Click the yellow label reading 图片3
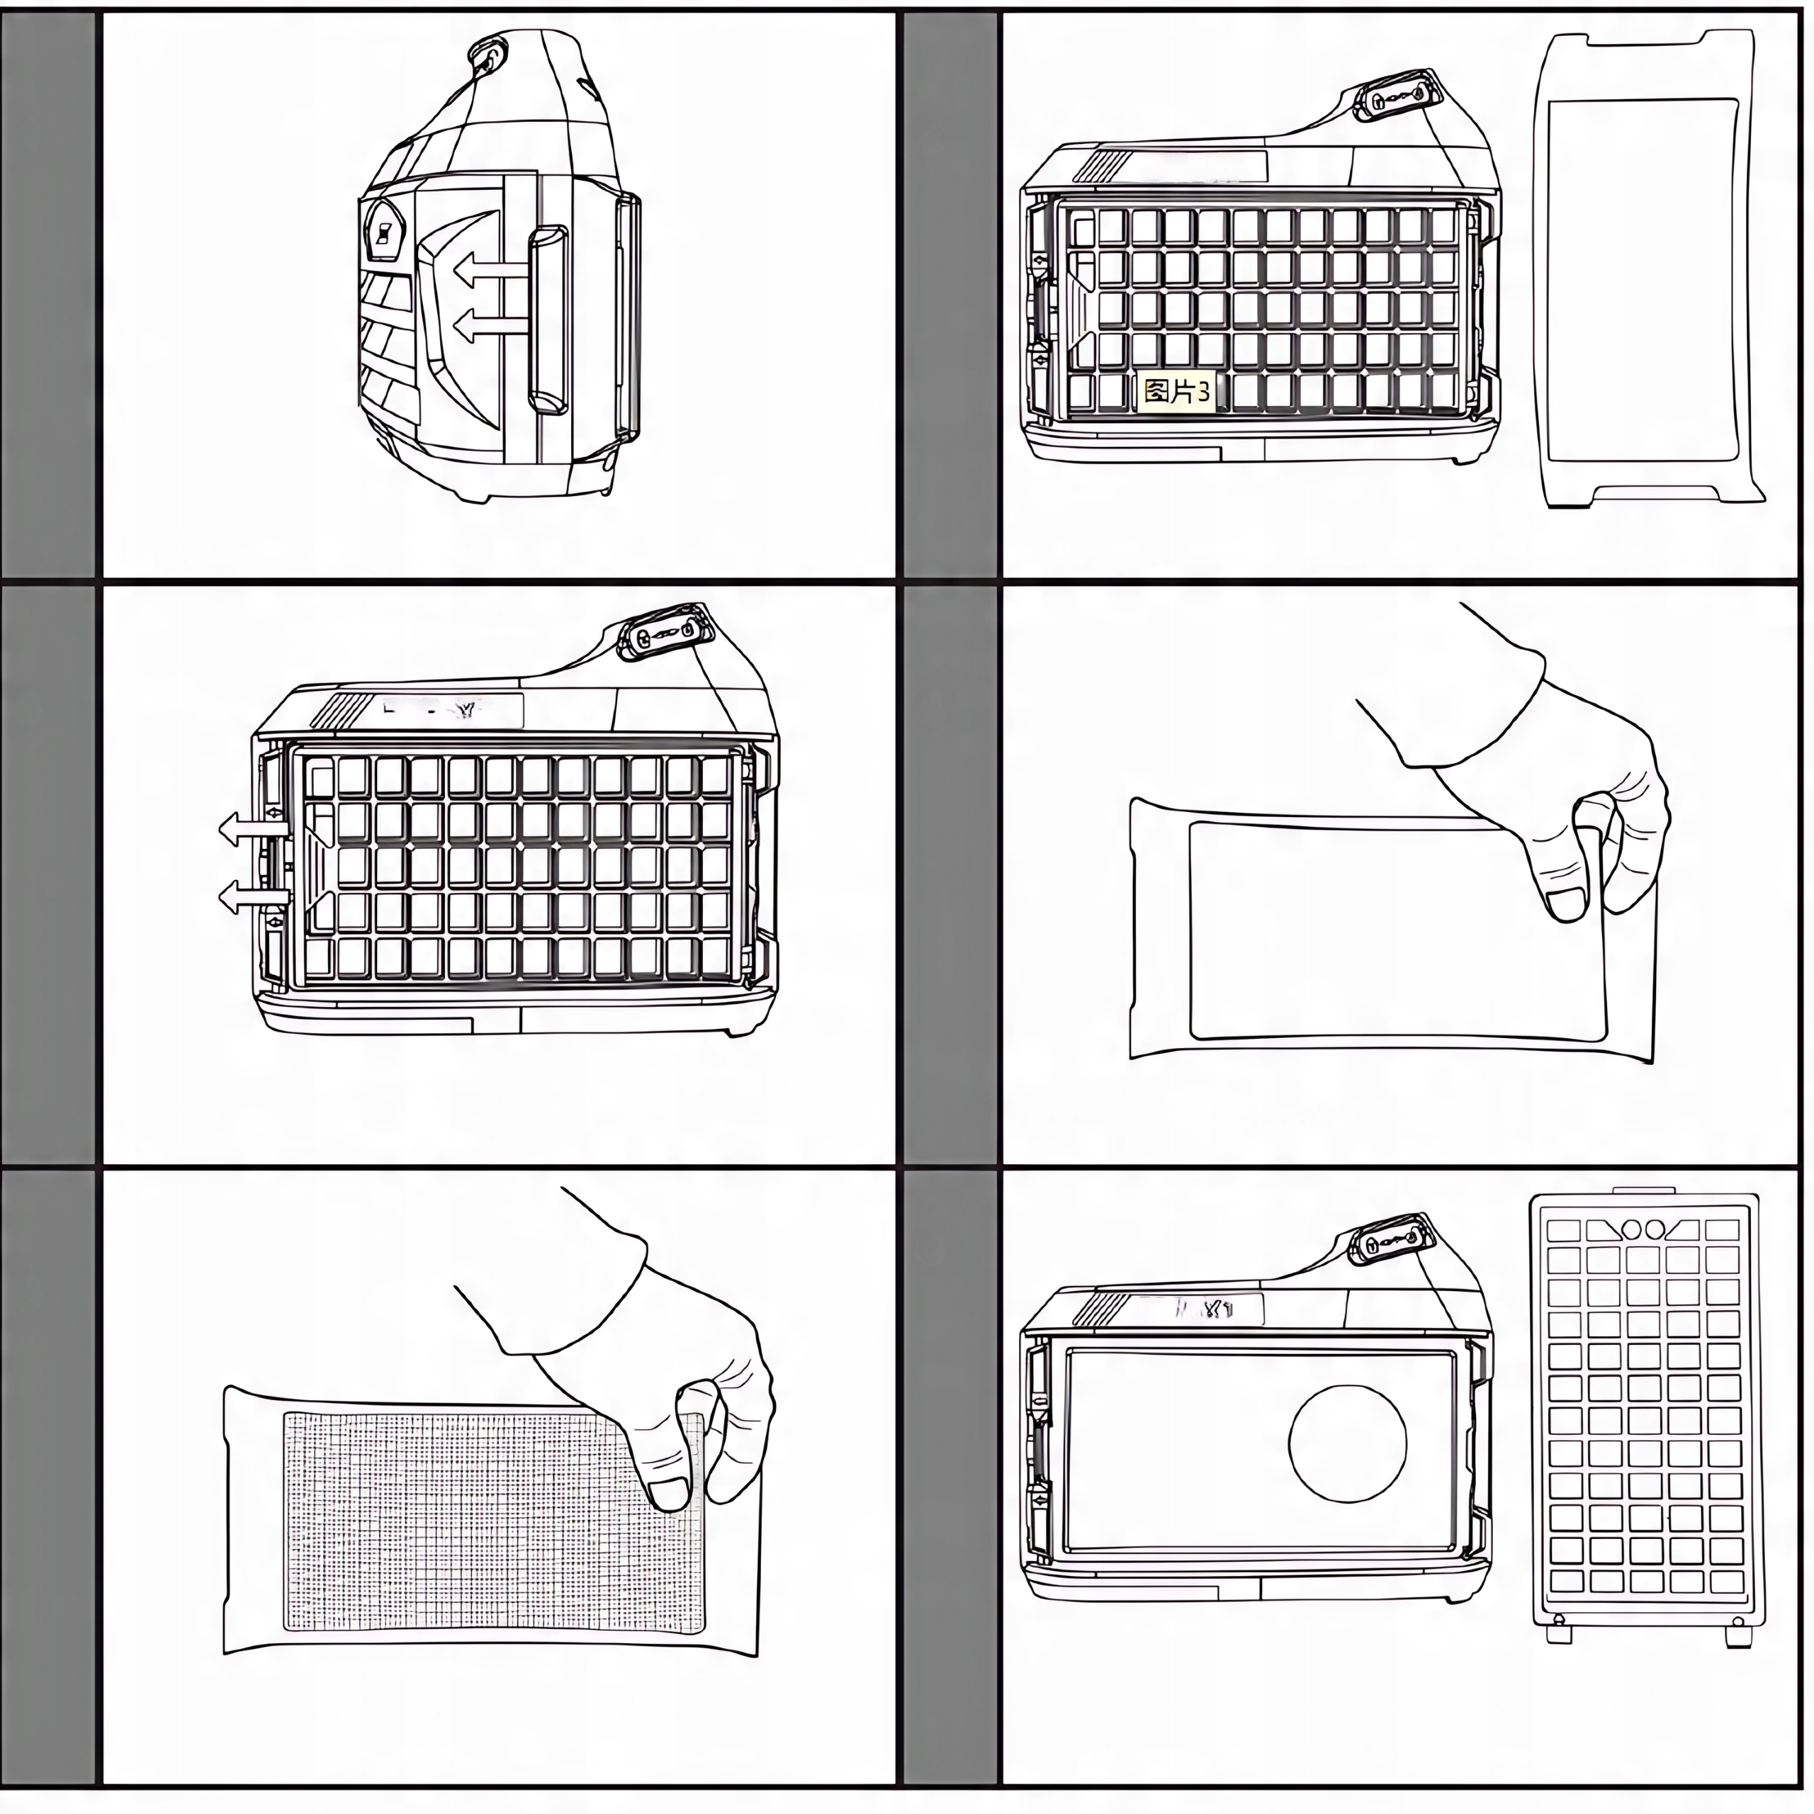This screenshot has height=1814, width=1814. [1176, 393]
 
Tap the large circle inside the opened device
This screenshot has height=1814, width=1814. [1347, 1443]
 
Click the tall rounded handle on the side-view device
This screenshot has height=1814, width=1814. [549, 320]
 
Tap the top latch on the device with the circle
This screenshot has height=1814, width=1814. [1393, 1241]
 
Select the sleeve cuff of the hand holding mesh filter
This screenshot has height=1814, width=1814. [582, 1291]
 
